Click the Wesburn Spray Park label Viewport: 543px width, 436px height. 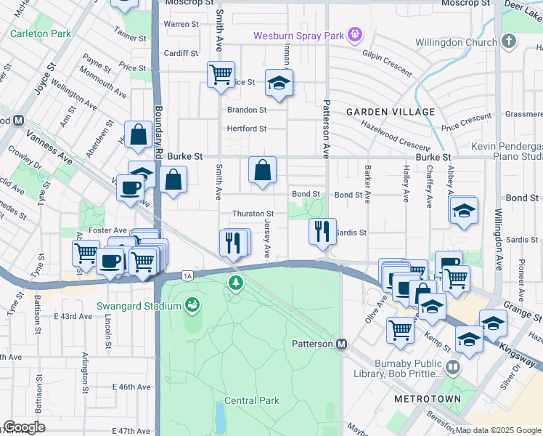tap(299, 35)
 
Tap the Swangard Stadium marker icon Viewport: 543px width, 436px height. tap(192, 304)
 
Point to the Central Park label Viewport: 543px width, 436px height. tap(252, 400)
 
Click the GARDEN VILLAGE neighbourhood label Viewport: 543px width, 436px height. tap(391, 112)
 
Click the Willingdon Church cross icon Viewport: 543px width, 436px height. tap(508, 42)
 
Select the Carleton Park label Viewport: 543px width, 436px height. tap(40, 33)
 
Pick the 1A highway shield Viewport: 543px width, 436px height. tap(188, 275)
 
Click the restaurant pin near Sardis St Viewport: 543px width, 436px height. tap(321, 230)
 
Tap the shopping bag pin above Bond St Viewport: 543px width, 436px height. tap(262, 170)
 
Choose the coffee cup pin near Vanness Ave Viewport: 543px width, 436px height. tap(130, 187)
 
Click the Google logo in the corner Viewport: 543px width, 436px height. tap(24, 427)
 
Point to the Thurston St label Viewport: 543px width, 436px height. tap(252, 214)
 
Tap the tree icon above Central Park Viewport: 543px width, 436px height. tap(234, 282)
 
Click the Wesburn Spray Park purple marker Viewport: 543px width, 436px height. tap(354, 33)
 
